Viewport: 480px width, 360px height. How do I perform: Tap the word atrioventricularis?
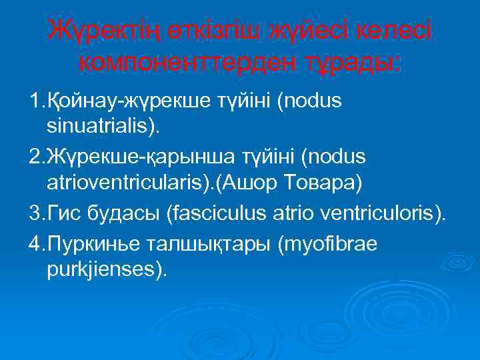click(120, 181)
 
